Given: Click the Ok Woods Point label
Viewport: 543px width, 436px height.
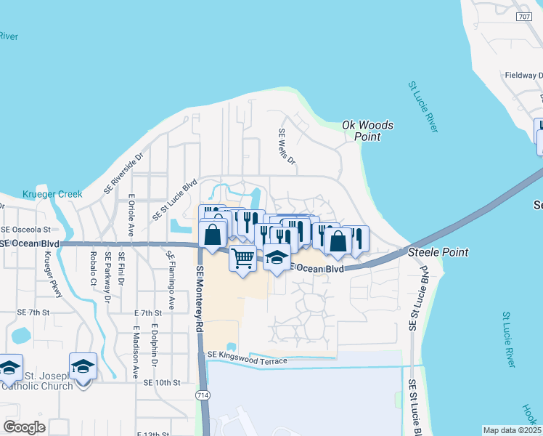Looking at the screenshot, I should pyautogui.click(x=368, y=131).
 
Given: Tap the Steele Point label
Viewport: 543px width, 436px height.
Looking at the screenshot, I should pyautogui.click(x=438, y=252).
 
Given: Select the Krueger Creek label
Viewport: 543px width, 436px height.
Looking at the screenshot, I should pyautogui.click(x=52, y=194).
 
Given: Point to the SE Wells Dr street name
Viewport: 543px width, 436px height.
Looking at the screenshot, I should pyautogui.click(x=287, y=147).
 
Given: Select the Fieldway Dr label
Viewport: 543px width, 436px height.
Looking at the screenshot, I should pyautogui.click(x=523, y=75).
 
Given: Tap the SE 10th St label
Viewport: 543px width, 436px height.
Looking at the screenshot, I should pyautogui.click(x=161, y=382).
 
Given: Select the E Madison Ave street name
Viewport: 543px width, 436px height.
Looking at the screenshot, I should pyautogui.click(x=136, y=352).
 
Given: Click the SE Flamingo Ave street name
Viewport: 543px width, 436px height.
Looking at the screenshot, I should pyautogui.click(x=171, y=280).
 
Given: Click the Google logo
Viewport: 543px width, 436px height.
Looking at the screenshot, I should pyautogui.click(x=24, y=427).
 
